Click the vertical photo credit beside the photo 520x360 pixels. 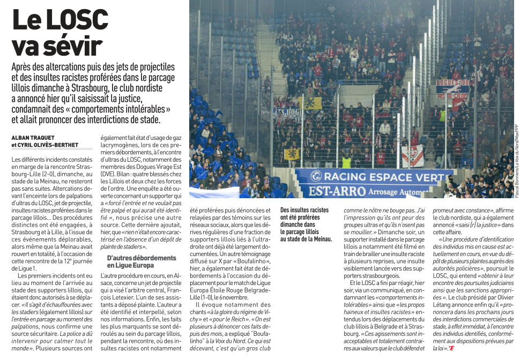tap(516, 161)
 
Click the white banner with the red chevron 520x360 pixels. tap(412, 155)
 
